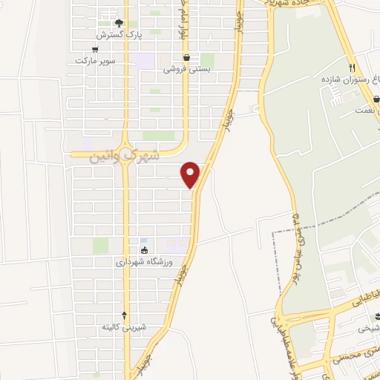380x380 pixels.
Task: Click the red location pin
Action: (x=191, y=174)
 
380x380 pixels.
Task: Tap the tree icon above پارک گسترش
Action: (x=109, y=23)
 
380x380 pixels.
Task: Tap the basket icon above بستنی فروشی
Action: (x=186, y=56)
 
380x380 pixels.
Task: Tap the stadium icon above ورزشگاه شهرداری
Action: (x=144, y=249)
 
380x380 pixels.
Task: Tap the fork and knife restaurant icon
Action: (x=362, y=67)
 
